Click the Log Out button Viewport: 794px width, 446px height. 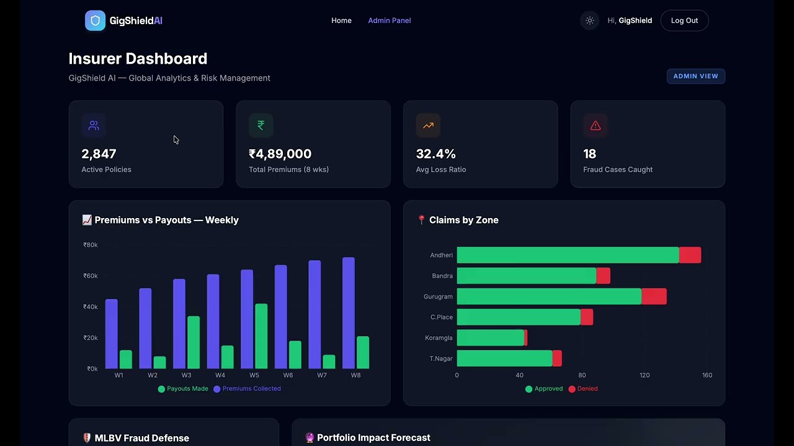tap(684, 20)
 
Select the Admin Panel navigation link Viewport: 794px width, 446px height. tap(389, 20)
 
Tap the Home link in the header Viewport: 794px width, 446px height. tap(341, 20)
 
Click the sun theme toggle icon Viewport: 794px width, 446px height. tap(589, 20)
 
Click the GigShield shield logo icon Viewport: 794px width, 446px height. tap(95, 20)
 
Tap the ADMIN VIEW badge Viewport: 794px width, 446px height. tap(695, 76)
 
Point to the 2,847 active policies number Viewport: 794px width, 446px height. tap(99, 154)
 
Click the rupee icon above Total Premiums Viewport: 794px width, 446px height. tap(261, 125)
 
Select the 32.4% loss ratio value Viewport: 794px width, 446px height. tap(435, 154)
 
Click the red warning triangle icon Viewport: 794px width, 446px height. tap(595, 126)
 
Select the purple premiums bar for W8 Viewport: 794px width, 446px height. tap(349, 313)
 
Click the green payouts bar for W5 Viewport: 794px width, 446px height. tap(261, 336)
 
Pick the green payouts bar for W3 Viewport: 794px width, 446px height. tap(194, 343)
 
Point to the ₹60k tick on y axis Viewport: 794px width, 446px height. tap(91, 276)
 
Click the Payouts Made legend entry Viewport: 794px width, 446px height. tap(183, 388)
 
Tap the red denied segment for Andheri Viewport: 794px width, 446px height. tap(690, 255)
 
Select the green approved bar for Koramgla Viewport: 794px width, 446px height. tap(490, 338)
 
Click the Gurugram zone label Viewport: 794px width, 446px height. tap(438, 297)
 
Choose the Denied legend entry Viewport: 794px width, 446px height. tap(582, 388)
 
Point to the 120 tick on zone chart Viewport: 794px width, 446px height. tap(645, 375)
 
